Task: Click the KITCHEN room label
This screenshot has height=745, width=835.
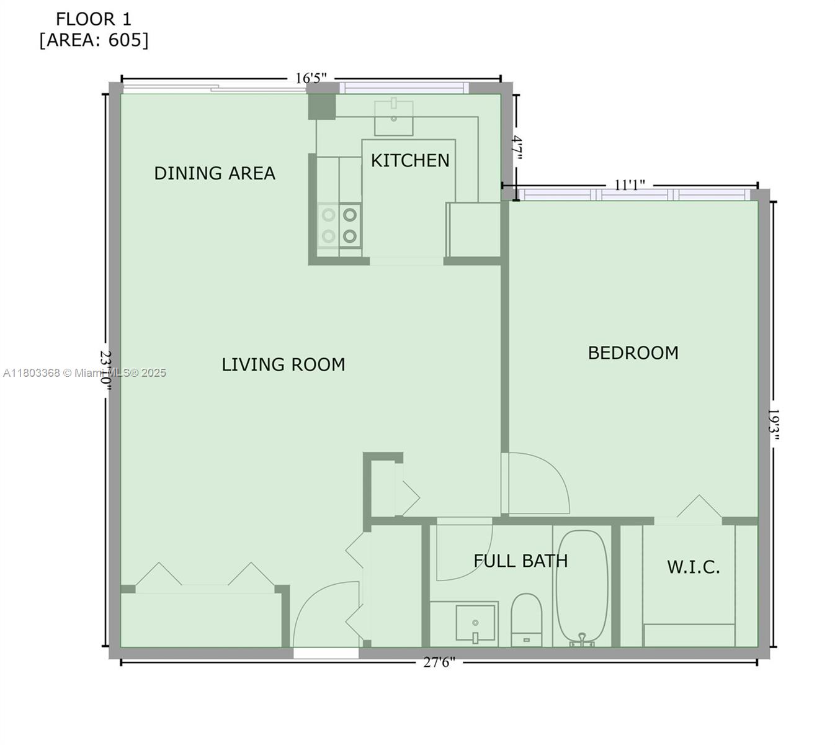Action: [x=410, y=160]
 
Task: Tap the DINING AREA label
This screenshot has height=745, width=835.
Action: [x=215, y=173]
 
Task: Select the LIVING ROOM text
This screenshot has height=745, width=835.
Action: [x=284, y=364]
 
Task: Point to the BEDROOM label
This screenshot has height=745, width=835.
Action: [x=633, y=353]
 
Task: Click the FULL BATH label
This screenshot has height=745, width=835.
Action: [x=520, y=561]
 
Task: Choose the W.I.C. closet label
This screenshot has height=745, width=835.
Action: [x=694, y=567]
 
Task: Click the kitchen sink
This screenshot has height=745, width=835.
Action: [x=393, y=116]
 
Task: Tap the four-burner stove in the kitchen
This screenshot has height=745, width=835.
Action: [x=339, y=225]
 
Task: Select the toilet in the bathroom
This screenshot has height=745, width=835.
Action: [x=526, y=618]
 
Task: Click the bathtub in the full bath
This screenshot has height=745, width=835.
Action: [x=582, y=587]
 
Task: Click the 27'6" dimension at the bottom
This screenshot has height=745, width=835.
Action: [x=439, y=662]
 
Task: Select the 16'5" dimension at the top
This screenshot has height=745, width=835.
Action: [x=311, y=78]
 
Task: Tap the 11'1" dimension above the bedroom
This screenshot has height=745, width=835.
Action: [x=630, y=185]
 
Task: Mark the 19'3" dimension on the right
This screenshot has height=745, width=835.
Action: [x=773, y=424]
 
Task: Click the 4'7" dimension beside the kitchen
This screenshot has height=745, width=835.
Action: [x=517, y=149]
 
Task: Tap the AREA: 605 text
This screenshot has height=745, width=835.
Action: [x=94, y=40]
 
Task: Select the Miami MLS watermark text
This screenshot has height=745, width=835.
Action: [x=85, y=372]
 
